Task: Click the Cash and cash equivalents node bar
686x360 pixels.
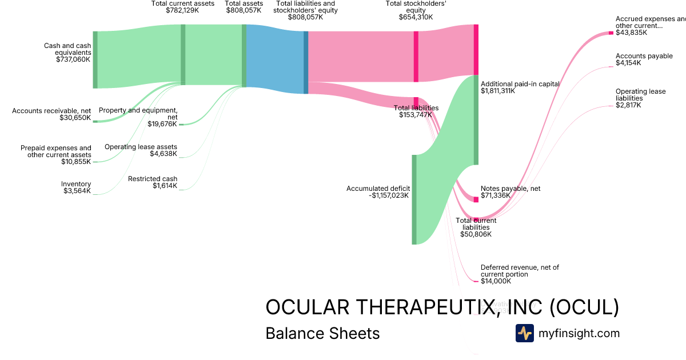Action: coord(95,60)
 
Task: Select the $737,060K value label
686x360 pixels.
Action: coord(73,59)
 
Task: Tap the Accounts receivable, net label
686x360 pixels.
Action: coord(51,110)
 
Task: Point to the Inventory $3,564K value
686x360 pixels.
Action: coord(77,191)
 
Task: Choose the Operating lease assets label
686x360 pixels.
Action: coord(141,147)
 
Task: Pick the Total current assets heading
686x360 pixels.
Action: coord(183,3)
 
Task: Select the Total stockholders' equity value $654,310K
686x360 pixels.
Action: coord(416,17)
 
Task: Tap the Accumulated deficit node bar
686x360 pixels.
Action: coord(414,199)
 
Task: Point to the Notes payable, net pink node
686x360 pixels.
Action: coord(476,199)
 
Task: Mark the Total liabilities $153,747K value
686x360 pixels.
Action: coord(416,115)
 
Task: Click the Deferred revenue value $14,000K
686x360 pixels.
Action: coord(496,281)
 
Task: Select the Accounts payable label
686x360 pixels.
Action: coord(644,56)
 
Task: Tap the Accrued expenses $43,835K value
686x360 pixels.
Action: coord(631,33)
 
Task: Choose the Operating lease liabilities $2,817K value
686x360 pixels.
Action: coord(628,105)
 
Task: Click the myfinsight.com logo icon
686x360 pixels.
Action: coord(524,333)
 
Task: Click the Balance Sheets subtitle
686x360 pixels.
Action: coord(322,333)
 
